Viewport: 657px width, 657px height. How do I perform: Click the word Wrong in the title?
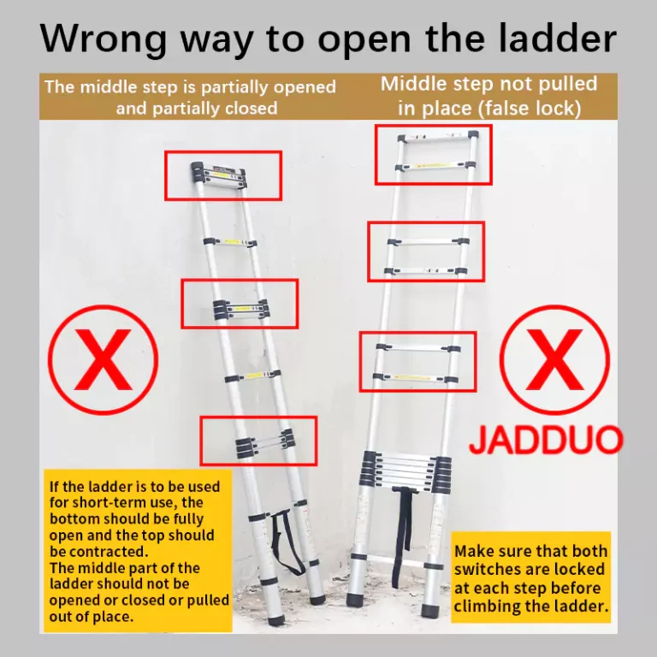coord(104,39)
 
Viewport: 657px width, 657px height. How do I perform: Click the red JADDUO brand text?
coord(546,440)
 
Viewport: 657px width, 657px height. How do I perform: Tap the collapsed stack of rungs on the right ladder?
coord(405,472)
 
